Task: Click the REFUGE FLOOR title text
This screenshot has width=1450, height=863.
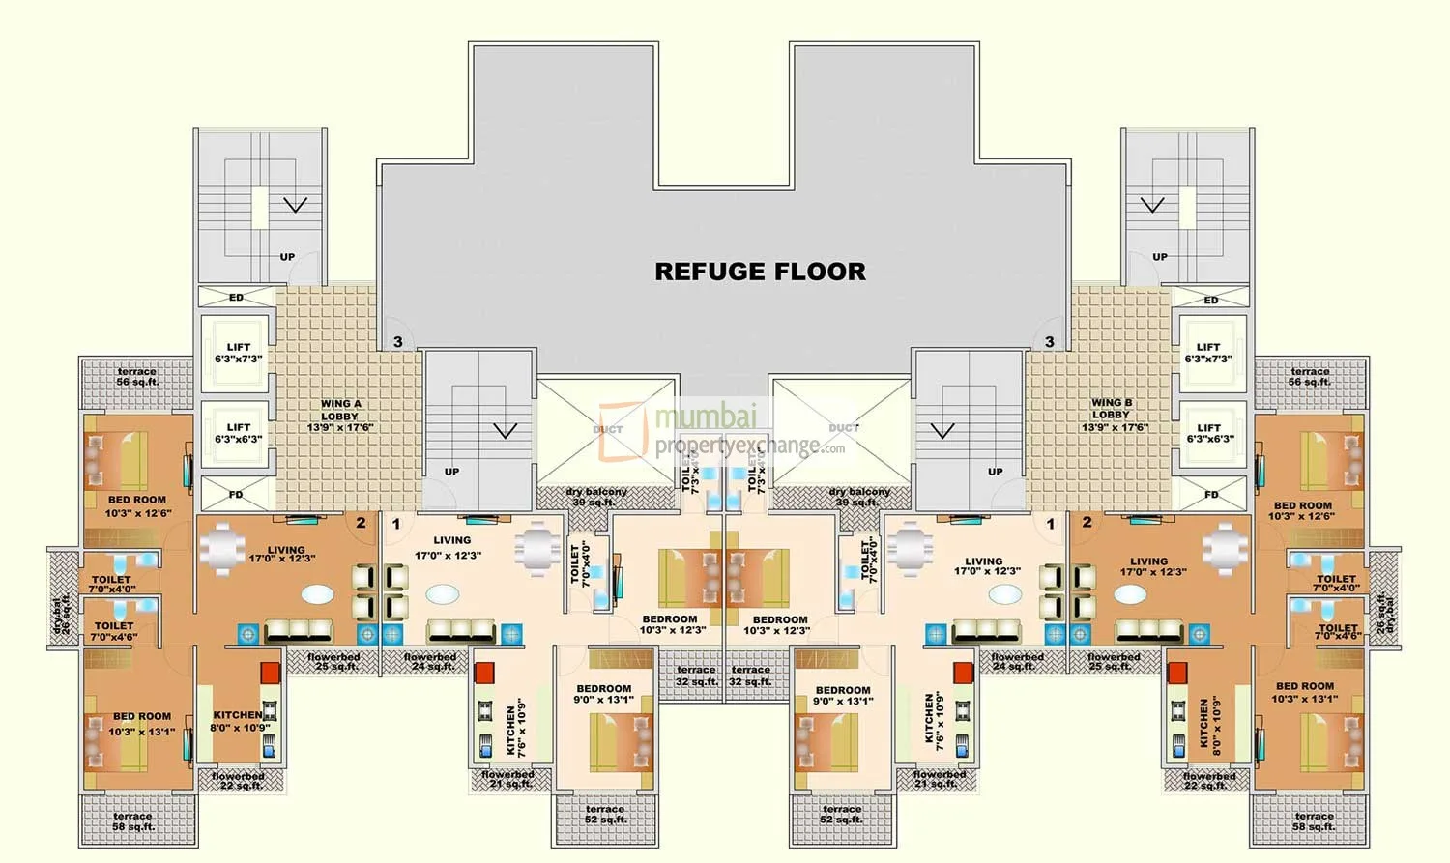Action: pos(760,272)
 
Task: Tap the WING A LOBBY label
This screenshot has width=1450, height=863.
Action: pos(340,416)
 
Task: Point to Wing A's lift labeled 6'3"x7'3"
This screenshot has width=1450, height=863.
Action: pos(238,353)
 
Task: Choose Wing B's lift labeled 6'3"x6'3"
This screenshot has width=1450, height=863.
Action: pos(1209,433)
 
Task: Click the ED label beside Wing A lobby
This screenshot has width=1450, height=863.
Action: pos(236,298)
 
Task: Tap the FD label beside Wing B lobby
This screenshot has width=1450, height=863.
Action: pos(1211,495)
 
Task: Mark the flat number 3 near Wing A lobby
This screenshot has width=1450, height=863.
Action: pos(397,342)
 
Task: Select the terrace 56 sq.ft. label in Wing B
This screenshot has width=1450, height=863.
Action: pos(1310,377)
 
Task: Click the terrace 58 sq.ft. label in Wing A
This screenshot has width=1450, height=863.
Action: pos(132,821)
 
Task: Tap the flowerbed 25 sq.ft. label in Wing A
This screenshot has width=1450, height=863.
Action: pos(334,662)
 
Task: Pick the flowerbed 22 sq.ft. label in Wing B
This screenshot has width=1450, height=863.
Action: pos(1208,781)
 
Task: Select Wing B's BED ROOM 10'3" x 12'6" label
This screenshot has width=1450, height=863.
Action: pos(1302,511)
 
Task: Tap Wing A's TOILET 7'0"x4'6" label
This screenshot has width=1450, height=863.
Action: pos(114,631)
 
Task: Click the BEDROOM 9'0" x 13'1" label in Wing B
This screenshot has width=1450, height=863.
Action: pos(842,696)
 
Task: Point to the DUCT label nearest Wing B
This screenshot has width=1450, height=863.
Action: pos(843,427)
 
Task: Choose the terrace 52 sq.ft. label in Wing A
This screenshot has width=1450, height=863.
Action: pos(604,815)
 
